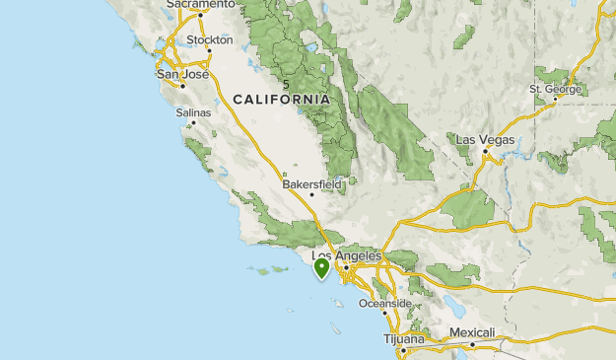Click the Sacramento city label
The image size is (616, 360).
(x=201, y=5)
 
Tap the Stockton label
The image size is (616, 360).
(x=210, y=40)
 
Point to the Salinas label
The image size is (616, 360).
(x=193, y=113)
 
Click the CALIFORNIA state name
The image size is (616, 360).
(x=282, y=100)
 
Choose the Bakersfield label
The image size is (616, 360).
(x=311, y=183)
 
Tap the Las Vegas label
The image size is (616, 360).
(x=485, y=140)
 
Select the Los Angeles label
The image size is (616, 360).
(x=346, y=255)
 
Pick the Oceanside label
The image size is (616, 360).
(x=384, y=303)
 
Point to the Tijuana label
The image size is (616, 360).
(x=403, y=338)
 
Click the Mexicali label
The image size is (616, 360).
(x=471, y=332)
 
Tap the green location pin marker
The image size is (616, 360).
(x=321, y=266)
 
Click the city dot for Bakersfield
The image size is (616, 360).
(x=312, y=193)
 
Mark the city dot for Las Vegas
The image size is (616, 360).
(x=485, y=150)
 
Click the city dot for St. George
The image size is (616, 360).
(x=558, y=99)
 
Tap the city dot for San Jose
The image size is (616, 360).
(x=182, y=85)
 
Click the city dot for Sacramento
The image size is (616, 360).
(x=200, y=15)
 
